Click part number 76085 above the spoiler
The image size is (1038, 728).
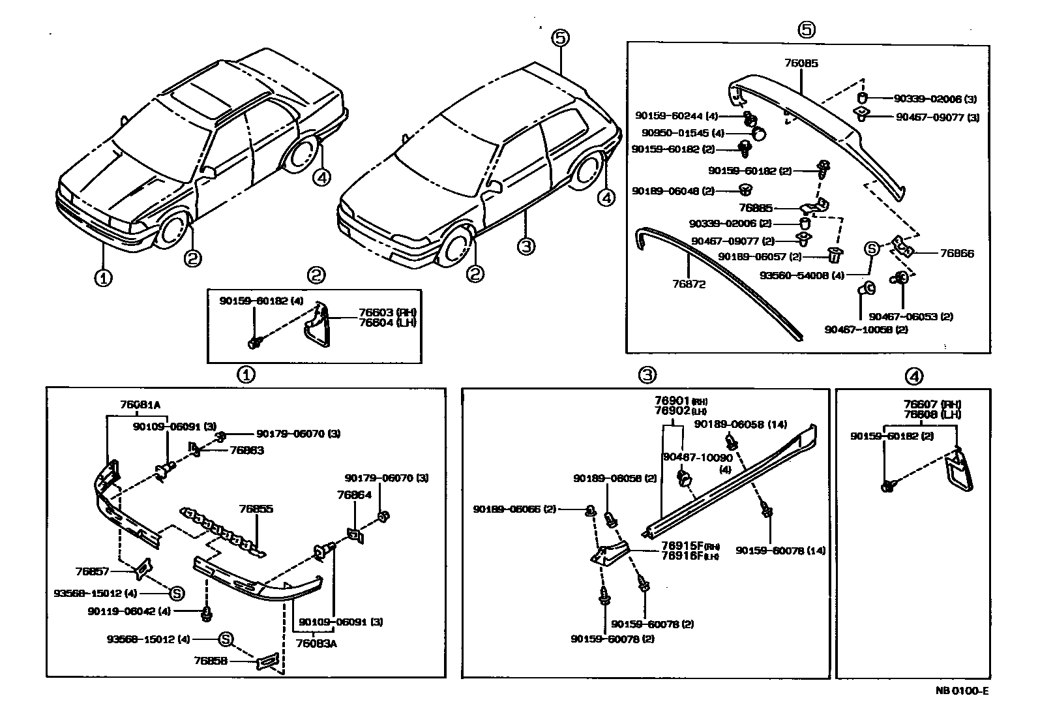point(801,64)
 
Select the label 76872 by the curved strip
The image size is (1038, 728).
point(689,284)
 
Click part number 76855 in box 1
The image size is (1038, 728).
point(256,509)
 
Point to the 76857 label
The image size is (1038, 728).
point(92,571)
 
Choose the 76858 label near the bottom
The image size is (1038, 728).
point(210,661)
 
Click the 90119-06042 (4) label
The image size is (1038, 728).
point(128,611)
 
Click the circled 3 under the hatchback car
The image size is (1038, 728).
point(526,247)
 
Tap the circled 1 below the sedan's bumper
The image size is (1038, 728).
point(102,279)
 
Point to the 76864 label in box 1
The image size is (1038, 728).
point(354,495)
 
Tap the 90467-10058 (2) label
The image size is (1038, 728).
point(865,329)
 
